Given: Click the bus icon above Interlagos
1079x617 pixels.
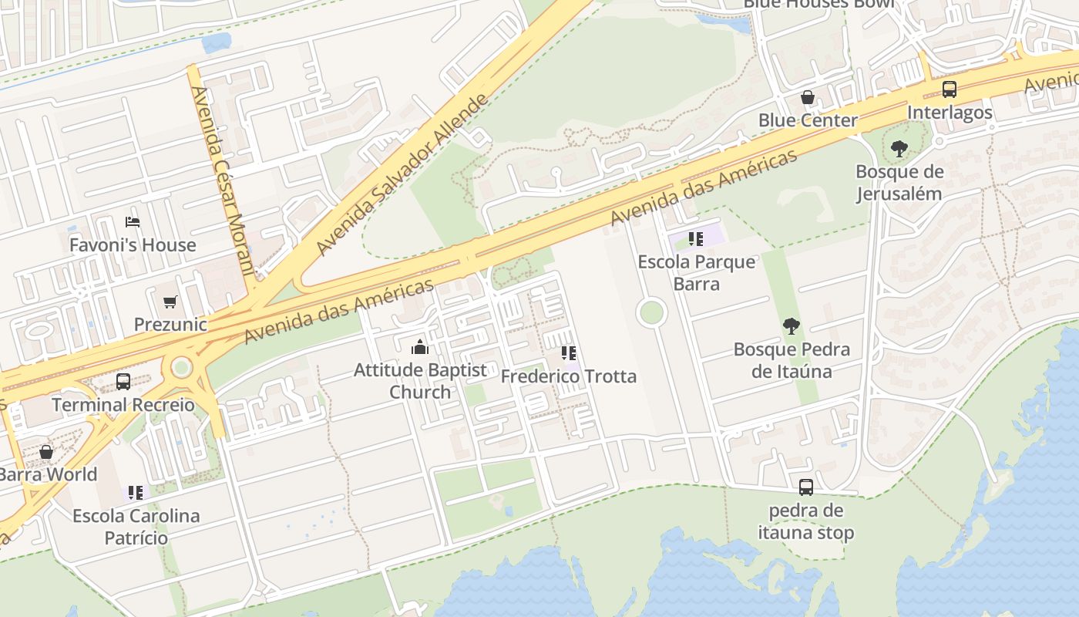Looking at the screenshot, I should point(950,89).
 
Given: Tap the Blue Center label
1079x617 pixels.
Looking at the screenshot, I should point(808,120).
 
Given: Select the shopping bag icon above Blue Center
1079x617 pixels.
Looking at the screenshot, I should point(808,97).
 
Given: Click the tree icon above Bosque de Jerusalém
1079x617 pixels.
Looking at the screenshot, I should point(899,149).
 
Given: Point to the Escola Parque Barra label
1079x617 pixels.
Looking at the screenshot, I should point(697,272).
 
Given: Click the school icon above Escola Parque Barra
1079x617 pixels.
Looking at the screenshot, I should point(696,239).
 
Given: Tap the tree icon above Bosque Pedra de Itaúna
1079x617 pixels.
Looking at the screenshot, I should point(791,326).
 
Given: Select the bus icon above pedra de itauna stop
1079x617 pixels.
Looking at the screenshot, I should point(805,487).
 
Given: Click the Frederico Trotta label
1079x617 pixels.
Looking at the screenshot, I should point(569,376).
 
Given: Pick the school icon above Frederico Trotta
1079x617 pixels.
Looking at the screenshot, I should point(569,354).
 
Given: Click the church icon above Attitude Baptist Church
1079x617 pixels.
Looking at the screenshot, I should point(420,347).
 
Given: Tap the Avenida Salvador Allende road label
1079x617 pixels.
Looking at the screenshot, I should point(402,175).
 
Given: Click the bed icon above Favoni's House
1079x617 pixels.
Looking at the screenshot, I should point(133,222).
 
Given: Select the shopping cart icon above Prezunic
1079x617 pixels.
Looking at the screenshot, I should point(170,302).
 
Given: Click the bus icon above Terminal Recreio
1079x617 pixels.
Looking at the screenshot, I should point(123,381).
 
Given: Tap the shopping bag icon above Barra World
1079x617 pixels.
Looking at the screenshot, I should point(46,452).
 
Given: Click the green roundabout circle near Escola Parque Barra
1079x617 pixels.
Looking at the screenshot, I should point(651,313).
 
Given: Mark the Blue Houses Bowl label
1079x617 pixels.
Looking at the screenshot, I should point(818,4).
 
